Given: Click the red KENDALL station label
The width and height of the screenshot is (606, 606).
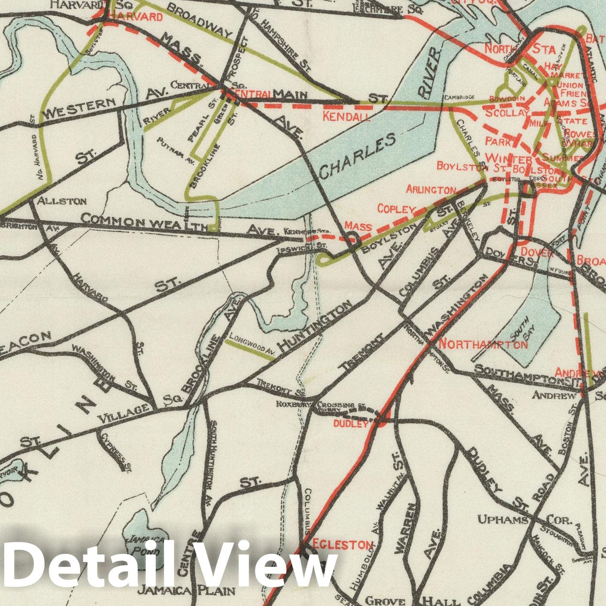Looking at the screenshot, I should pyautogui.click(x=346, y=116).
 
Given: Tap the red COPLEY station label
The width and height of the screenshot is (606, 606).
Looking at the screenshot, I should pyautogui.click(x=396, y=209).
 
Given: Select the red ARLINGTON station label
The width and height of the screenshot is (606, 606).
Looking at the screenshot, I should pyautogui.click(x=431, y=190).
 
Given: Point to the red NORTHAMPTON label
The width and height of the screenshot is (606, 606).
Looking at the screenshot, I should pyautogui.click(x=483, y=344).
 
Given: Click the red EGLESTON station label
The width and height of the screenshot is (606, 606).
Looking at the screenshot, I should pyautogui.click(x=343, y=544).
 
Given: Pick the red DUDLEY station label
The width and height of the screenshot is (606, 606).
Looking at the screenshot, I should pyautogui.click(x=351, y=423).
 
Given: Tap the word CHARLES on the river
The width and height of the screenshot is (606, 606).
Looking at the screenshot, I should pyautogui.click(x=357, y=156).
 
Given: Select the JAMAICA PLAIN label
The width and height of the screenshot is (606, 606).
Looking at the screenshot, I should pyautogui.click(x=186, y=591).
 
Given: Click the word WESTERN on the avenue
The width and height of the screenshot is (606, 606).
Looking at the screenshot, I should pyautogui.click(x=79, y=108).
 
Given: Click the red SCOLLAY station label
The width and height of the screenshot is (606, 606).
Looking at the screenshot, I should pyautogui.click(x=507, y=113).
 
